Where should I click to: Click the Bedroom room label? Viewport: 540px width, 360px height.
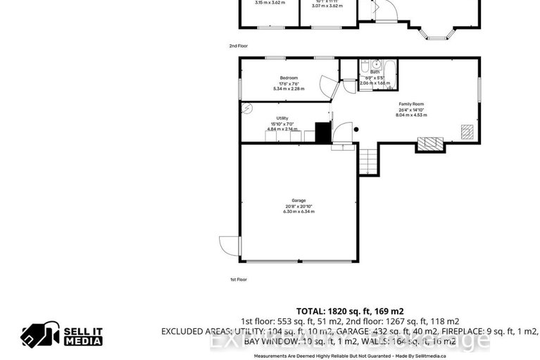tap(289, 77)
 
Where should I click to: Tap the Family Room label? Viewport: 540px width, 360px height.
tap(412, 104)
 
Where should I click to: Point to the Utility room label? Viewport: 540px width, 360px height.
tap(282, 118)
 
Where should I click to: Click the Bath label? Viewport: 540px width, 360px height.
tap(375, 72)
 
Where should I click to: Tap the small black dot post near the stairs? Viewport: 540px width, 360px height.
tap(356, 129)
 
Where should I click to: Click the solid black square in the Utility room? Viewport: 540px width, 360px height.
tap(322, 132)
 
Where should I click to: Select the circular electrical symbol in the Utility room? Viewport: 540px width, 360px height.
tap(246, 108)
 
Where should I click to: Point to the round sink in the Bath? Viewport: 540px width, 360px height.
tap(376, 63)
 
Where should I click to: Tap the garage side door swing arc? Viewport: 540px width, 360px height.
tap(230, 245)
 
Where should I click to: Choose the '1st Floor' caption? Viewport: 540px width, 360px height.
tap(238, 280)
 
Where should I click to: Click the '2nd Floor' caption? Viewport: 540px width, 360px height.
tap(238, 46)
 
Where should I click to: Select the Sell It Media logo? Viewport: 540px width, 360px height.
tap(61, 335)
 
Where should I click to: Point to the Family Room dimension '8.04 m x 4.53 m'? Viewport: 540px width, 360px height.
tap(412, 115)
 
